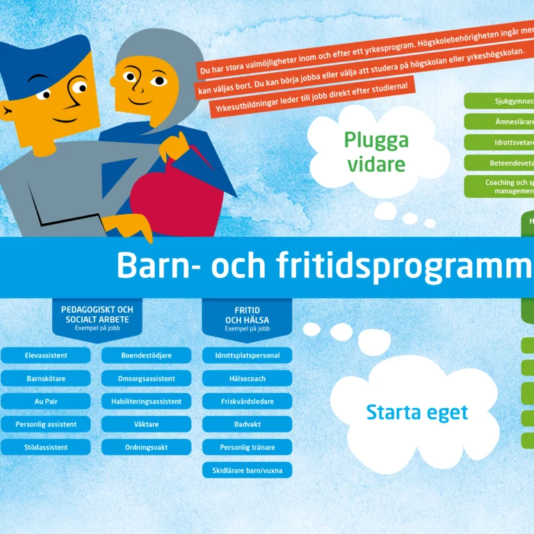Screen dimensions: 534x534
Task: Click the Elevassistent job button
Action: pos(46,355)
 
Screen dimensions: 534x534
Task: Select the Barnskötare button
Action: pos(46,378)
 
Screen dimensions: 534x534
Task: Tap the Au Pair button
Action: pos(46,401)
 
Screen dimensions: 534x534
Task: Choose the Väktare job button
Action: pos(146,424)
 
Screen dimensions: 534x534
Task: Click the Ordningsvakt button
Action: pos(146,447)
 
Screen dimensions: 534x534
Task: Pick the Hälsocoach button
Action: pos(247,378)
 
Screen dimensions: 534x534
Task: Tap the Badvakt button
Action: pos(247,424)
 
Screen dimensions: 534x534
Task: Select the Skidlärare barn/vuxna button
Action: pos(247,470)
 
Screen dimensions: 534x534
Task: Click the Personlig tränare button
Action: pos(247,447)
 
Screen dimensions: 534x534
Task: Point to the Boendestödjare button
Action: pos(146,355)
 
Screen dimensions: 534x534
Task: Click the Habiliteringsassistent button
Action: pos(146,401)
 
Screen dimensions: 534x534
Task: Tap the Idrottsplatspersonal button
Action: pos(247,355)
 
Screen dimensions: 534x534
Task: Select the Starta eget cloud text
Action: pos(416,412)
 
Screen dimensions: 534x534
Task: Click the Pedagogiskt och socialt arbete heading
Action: pos(97,316)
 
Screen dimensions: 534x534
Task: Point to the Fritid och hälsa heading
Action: pos(247,317)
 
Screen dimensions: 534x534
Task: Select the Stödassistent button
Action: pos(46,447)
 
